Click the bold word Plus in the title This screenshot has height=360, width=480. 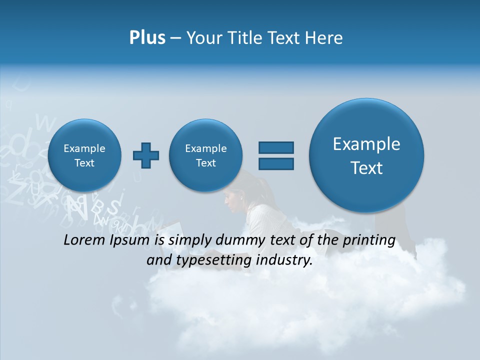[147, 38]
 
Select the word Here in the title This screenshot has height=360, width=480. [324, 38]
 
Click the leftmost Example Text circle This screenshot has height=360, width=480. [84, 155]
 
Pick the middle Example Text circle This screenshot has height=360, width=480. [205, 155]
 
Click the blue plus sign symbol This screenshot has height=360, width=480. [146, 155]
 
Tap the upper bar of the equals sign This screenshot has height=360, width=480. [276, 147]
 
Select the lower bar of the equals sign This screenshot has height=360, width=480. [276, 163]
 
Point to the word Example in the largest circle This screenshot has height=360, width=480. [366, 144]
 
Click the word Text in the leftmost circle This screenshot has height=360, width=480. [84, 163]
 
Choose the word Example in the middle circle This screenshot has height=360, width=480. [205, 148]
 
